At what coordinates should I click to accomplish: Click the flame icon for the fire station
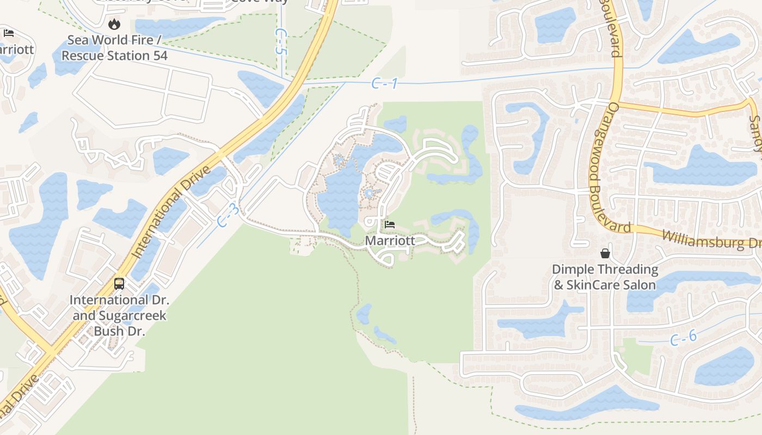[x=114, y=24]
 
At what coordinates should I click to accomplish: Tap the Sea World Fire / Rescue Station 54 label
[x=114, y=48]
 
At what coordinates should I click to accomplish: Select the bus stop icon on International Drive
[x=119, y=283]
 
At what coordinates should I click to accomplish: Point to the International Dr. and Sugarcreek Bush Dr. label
[x=120, y=315]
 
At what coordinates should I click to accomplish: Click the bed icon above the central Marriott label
[x=390, y=224]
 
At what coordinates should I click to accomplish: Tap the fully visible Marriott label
[x=390, y=240]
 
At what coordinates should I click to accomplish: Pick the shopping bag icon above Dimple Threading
[x=605, y=253]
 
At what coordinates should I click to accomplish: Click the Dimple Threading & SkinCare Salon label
[x=605, y=277]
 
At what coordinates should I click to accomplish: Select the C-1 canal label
[x=385, y=83]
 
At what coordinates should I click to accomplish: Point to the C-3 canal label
[x=228, y=215]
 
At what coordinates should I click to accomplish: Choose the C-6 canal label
[x=683, y=338]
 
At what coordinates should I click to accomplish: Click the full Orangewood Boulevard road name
[x=610, y=167]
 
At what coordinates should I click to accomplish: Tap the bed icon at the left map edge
[x=9, y=33]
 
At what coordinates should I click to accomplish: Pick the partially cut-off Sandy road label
[x=755, y=133]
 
